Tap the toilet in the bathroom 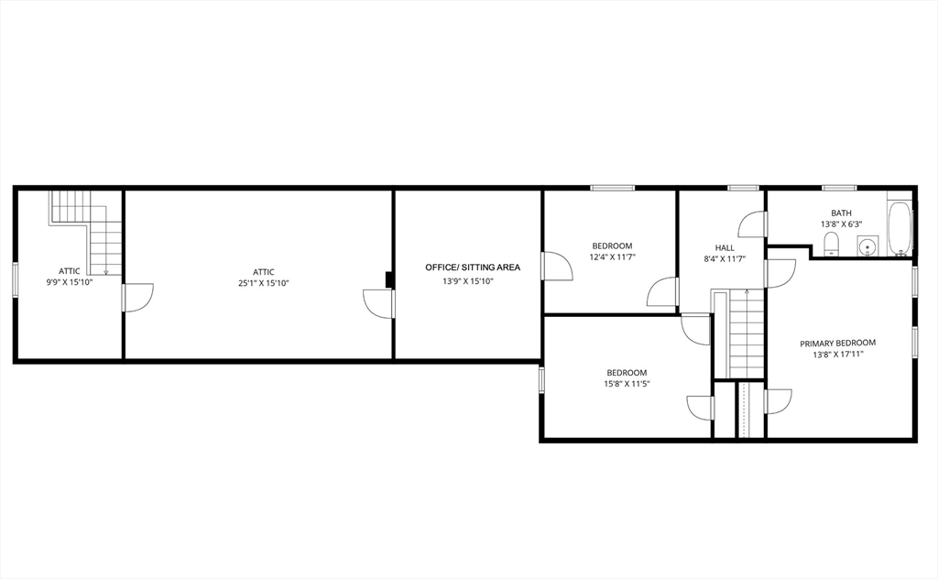[x=832, y=244]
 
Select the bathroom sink [x=867, y=246]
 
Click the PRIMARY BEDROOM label [x=837, y=344]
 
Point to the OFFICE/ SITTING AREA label [x=472, y=268]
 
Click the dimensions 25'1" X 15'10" [x=264, y=283]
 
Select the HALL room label [x=725, y=247]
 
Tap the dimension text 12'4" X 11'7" [x=612, y=257]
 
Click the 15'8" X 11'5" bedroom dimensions [x=627, y=384]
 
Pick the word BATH [x=841, y=212]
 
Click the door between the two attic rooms [x=136, y=298]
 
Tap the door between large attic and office [x=378, y=303]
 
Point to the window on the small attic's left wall [x=15, y=279]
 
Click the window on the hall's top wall [x=741, y=188]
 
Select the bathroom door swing [x=753, y=224]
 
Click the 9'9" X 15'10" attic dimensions [x=70, y=282]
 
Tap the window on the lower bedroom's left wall [x=541, y=379]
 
